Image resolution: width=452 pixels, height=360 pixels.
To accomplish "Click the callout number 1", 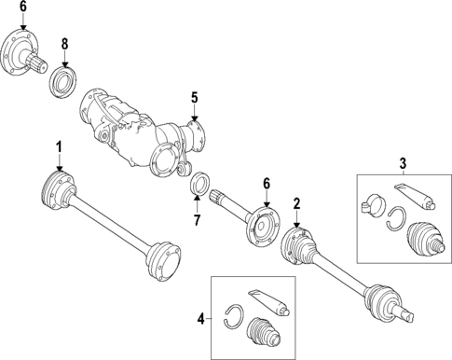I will point(58,146).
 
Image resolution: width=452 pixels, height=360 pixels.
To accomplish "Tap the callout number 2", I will point(295,203).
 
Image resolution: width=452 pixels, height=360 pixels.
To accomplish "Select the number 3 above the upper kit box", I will point(403,165).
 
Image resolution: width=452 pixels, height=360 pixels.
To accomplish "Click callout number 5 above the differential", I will point(195,96).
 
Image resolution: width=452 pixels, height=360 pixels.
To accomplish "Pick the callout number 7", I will point(198,220).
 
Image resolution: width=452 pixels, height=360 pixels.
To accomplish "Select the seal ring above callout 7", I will point(198,185).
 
